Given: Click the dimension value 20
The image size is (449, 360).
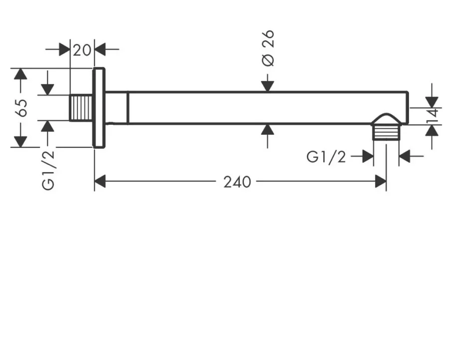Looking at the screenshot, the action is click(x=82, y=50).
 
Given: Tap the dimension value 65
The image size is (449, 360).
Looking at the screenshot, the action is click(x=22, y=108).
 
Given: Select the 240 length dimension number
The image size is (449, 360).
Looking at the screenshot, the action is click(x=237, y=182).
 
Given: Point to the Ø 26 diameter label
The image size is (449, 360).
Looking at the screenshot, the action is click(x=268, y=48).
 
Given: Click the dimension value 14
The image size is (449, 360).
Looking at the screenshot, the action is click(x=432, y=115).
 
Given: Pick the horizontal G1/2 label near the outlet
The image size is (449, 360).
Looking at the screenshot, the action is click(x=326, y=157).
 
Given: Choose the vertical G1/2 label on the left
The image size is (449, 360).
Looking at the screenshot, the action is click(x=48, y=170).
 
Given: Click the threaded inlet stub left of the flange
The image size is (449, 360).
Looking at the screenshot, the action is click(x=81, y=108).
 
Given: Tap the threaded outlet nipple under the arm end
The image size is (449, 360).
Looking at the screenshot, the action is click(x=386, y=133).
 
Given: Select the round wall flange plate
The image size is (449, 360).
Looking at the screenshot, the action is click(x=99, y=108).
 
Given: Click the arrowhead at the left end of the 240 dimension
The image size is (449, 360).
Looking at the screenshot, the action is click(x=100, y=182).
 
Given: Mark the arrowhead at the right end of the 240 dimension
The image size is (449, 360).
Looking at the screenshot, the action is click(x=381, y=182).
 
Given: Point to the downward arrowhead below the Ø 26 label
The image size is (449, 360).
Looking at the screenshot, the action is click(x=268, y=86).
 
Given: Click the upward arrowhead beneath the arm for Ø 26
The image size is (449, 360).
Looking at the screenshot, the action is click(x=268, y=130).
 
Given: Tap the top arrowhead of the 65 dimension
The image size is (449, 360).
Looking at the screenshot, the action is click(x=20, y=74).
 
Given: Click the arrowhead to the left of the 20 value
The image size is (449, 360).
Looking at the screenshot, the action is click(x=64, y=49).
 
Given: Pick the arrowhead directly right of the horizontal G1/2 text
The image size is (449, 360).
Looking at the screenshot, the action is click(x=368, y=156).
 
